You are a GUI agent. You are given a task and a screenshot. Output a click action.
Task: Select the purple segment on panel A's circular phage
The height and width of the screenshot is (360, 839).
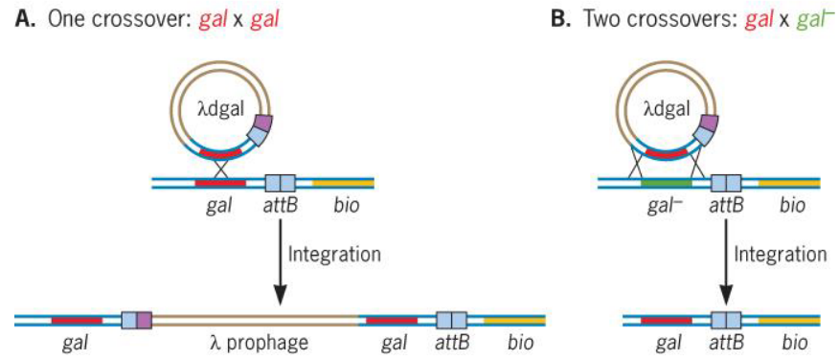click(262, 124)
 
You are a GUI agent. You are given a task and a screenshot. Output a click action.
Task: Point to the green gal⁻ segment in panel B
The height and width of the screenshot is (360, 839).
click(665, 181)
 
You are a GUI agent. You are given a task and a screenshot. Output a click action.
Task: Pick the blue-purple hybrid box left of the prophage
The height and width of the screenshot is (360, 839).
click(136, 320)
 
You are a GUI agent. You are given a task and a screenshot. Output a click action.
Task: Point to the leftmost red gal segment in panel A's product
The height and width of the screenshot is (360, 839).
click(77, 320)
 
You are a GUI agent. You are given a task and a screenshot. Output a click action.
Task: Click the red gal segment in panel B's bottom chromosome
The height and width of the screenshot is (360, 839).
click(666, 320)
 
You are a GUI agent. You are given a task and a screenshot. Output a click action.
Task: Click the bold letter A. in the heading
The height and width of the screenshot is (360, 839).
click(24, 20)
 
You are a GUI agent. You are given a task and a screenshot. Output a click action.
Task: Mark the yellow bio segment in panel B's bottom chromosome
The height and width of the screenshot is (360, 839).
click(788, 320)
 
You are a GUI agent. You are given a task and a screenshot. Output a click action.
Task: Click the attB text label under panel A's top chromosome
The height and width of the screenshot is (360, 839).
click(280, 205)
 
